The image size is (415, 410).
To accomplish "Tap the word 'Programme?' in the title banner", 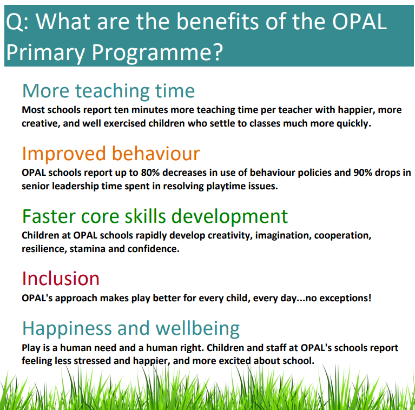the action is (157, 52).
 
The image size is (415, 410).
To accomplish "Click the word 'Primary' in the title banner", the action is (45, 52).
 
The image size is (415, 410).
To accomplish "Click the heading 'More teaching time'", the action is (109, 91).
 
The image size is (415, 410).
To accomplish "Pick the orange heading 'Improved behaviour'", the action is (111, 153).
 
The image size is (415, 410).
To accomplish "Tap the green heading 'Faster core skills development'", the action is (155, 216).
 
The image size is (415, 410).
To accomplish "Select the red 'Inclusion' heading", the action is (61, 279).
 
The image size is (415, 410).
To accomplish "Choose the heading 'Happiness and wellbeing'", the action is (131, 328).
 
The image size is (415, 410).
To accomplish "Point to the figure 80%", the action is (150, 173).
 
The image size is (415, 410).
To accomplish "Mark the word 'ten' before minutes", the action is (121, 110).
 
